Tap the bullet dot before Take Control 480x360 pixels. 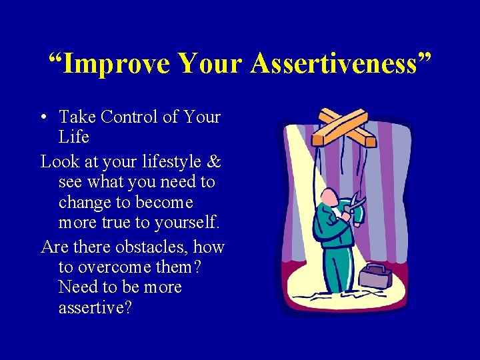[x=42, y=118]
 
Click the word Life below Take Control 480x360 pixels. [x=73, y=137]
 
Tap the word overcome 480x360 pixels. [x=114, y=267]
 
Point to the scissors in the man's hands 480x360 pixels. [x=355, y=205]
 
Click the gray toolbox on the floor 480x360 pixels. [x=376, y=274]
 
